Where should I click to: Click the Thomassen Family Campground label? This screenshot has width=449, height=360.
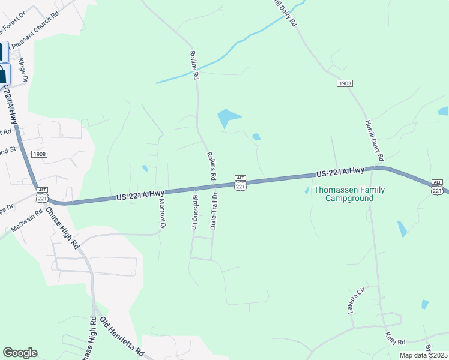click(350, 194)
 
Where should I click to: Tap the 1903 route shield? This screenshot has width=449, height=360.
click(345, 83)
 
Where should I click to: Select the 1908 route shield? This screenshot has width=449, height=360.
click(40, 154)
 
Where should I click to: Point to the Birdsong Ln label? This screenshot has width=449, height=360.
click(194, 212)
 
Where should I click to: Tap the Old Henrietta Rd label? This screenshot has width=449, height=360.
click(122, 335)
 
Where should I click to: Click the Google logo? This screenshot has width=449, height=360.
click(20, 353)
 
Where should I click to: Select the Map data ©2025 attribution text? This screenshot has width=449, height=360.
click(423, 355)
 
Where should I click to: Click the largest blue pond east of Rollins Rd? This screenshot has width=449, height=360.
click(229, 118)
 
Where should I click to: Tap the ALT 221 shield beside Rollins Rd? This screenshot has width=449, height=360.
click(240, 184)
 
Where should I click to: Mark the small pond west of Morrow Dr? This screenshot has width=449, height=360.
click(144, 169)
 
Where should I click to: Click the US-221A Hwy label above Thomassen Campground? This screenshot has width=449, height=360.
click(340, 172)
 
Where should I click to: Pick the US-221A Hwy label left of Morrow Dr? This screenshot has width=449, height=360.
click(140, 194)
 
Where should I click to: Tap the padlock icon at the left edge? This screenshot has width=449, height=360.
click(3, 74)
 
